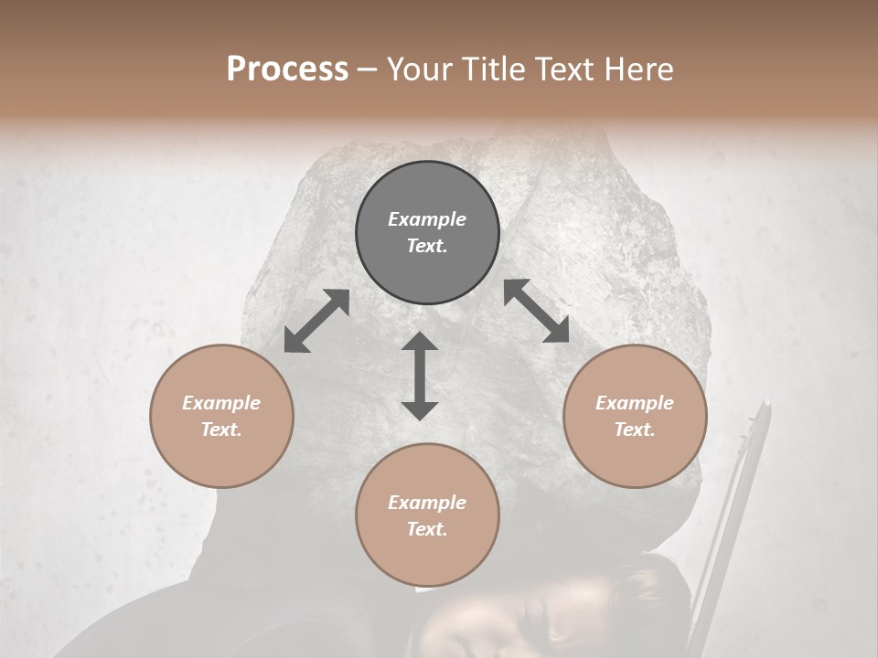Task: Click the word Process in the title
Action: pyautogui.click(x=287, y=69)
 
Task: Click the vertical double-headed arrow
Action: pyautogui.click(x=420, y=376)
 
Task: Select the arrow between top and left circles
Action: pyautogui.click(x=316, y=321)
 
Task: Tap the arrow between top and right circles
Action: pyautogui.click(x=536, y=311)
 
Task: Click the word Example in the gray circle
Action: pyautogui.click(x=427, y=219)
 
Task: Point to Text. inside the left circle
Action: pyautogui.click(x=221, y=430)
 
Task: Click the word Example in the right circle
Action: pyautogui.click(x=635, y=403)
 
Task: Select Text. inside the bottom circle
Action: pyautogui.click(x=427, y=529)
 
